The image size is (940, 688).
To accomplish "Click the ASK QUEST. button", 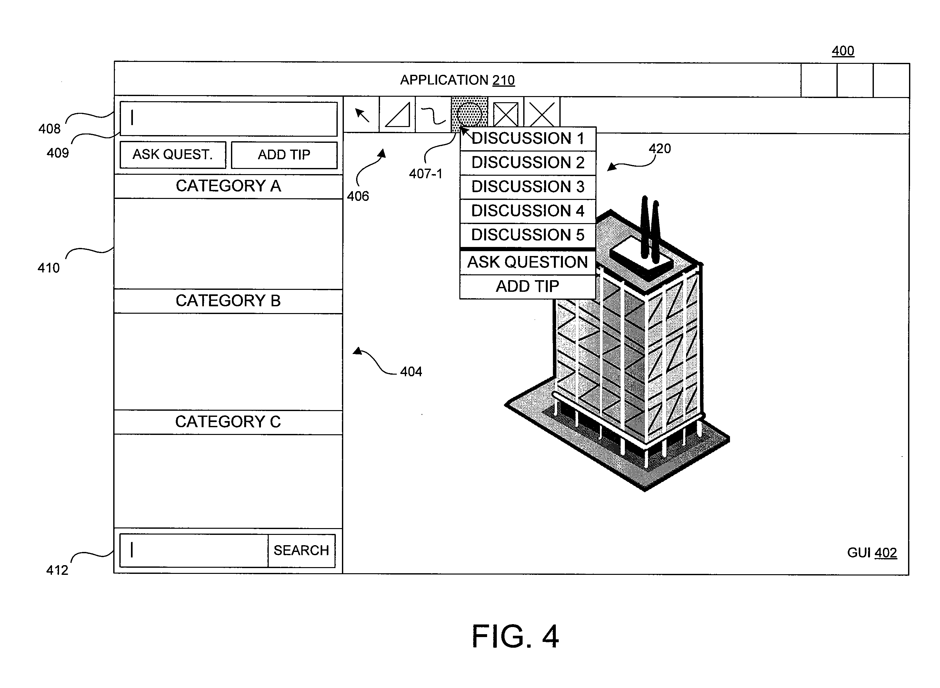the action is tap(173, 154).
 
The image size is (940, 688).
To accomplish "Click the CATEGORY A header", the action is tap(228, 186).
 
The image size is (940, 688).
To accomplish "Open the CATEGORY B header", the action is tap(228, 301).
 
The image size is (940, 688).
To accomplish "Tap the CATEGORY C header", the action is tap(228, 422).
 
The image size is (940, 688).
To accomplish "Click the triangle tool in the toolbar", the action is tap(397, 114).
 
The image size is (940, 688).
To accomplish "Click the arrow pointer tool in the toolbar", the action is tap(361, 114).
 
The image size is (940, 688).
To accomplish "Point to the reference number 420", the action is tap(660, 149).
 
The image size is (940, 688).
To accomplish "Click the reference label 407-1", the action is tap(426, 174).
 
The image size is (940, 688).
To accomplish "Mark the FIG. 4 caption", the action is tap(515, 636).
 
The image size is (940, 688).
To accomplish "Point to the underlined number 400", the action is tap(843, 51).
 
